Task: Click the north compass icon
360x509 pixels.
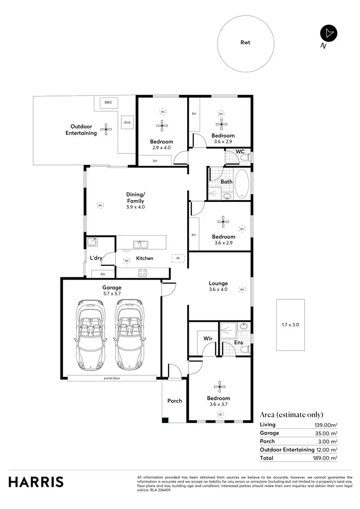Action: (329, 34)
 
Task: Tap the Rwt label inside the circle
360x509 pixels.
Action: (245, 42)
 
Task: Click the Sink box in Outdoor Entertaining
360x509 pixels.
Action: (127, 122)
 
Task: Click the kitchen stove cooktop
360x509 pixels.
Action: (142, 272)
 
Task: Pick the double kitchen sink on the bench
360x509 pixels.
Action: (140, 244)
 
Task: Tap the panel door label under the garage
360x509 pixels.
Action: (112, 378)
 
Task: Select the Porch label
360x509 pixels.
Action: (175, 401)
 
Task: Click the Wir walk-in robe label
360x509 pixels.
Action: (208, 338)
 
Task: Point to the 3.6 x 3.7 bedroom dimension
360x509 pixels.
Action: (218, 404)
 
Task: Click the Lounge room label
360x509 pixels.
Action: (218, 283)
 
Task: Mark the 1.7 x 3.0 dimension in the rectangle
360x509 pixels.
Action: (290, 325)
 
